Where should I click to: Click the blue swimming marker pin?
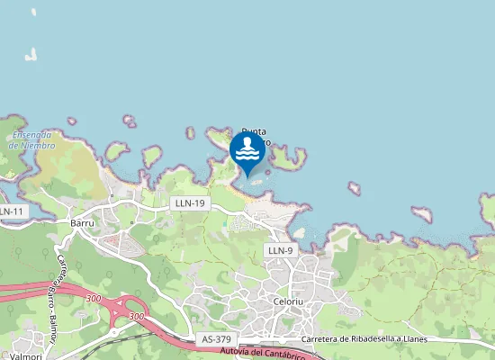point(247,150)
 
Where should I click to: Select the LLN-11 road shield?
point(12,211)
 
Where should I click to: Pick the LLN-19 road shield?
point(189,204)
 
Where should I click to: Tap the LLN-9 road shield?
point(280,249)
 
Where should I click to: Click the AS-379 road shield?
point(215,338)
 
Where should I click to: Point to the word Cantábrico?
point(302,355)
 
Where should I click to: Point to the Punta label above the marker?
point(254,131)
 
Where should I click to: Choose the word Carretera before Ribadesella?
point(325,338)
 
